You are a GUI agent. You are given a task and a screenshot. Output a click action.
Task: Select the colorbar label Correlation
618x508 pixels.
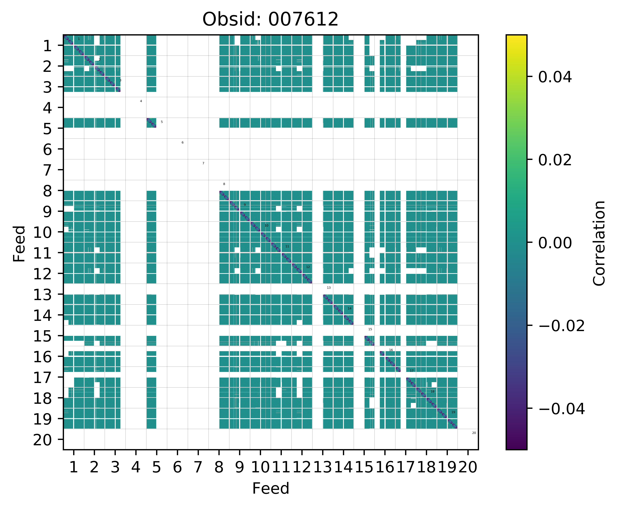(x=599, y=243)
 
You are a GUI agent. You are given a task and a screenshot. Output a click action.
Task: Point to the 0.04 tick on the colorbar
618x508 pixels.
(x=555, y=77)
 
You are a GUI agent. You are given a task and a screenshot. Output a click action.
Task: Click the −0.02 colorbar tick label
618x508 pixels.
(x=561, y=326)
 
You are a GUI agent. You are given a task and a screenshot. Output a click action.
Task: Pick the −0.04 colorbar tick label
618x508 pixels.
(x=561, y=409)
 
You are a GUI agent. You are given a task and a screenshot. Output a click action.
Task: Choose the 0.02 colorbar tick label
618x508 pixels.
(x=555, y=160)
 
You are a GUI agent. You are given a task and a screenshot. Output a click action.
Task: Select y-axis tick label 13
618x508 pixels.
(x=43, y=294)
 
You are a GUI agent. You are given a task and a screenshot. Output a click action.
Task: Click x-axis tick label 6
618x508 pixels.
(x=177, y=467)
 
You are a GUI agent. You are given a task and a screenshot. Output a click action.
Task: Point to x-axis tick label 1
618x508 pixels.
(x=74, y=467)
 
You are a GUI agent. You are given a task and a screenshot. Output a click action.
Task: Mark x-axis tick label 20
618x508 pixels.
(x=468, y=467)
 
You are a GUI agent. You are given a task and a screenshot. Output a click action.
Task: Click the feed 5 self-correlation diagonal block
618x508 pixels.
(x=151, y=123)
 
